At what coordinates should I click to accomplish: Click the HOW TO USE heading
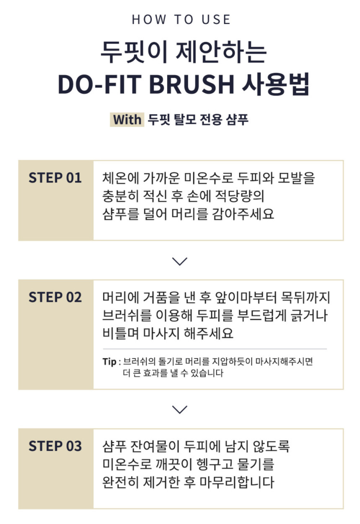point(181,19)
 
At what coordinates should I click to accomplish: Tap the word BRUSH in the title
point(192,84)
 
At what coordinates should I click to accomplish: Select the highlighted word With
point(127,120)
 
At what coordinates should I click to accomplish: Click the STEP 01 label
point(55,178)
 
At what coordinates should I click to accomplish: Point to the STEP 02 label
point(55,297)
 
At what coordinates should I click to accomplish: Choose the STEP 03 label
point(55,446)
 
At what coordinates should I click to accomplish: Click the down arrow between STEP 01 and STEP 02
point(180,261)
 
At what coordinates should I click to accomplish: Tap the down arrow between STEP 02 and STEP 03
point(180,410)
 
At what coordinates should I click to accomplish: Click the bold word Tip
point(109,362)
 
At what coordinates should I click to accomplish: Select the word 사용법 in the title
point(276,84)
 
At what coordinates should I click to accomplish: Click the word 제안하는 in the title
point(221,52)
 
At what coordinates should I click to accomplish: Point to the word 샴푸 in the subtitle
point(237,119)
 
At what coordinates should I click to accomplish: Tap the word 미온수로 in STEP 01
point(209,178)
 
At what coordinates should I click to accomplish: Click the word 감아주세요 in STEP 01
point(243,214)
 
